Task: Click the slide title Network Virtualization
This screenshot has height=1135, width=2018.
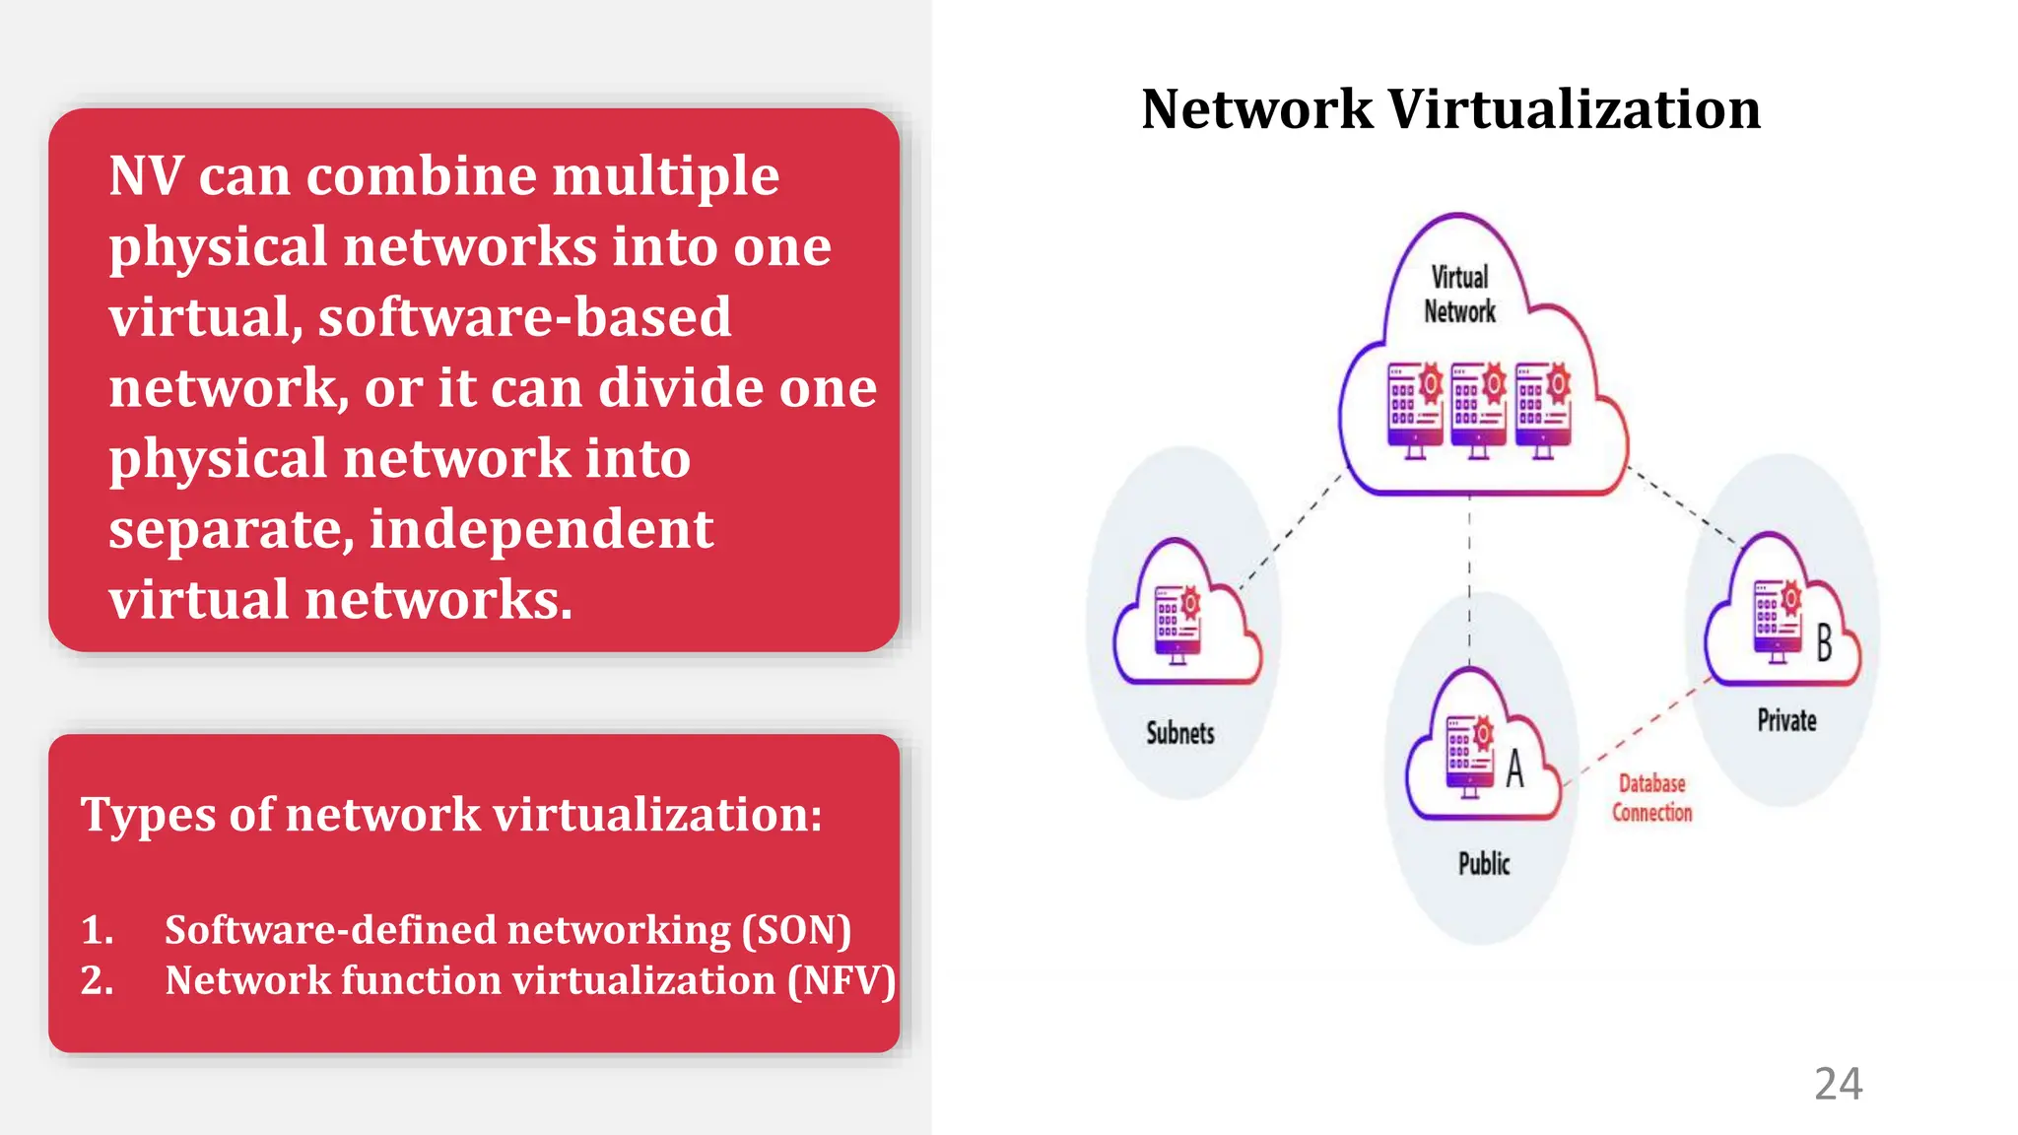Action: click(x=1449, y=109)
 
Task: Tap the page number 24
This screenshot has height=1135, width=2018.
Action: click(x=1838, y=1084)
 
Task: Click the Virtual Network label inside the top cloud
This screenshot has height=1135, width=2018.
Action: click(x=1459, y=295)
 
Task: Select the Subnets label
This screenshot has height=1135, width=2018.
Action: click(x=1179, y=733)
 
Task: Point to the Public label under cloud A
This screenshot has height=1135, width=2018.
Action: click(x=1483, y=864)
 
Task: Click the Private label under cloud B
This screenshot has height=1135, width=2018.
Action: click(x=1786, y=720)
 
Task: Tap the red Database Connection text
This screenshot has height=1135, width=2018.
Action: click(x=1651, y=798)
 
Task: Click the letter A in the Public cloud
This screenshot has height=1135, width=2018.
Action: click(x=1514, y=768)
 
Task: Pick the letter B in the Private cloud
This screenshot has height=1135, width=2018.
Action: click(x=1824, y=643)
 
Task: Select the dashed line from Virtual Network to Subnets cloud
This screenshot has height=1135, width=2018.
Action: click(x=1291, y=531)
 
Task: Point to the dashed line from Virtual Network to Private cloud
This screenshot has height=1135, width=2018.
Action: click(x=1685, y=506)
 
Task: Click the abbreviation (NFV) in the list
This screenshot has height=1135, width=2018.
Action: click(x=841, y=981)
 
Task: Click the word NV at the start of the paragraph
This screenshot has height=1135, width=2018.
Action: click(x=146, y=177)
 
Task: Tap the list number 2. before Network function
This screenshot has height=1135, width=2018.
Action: click(x=97, y=981)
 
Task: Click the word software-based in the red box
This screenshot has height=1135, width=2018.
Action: click(x=524, y=318)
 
